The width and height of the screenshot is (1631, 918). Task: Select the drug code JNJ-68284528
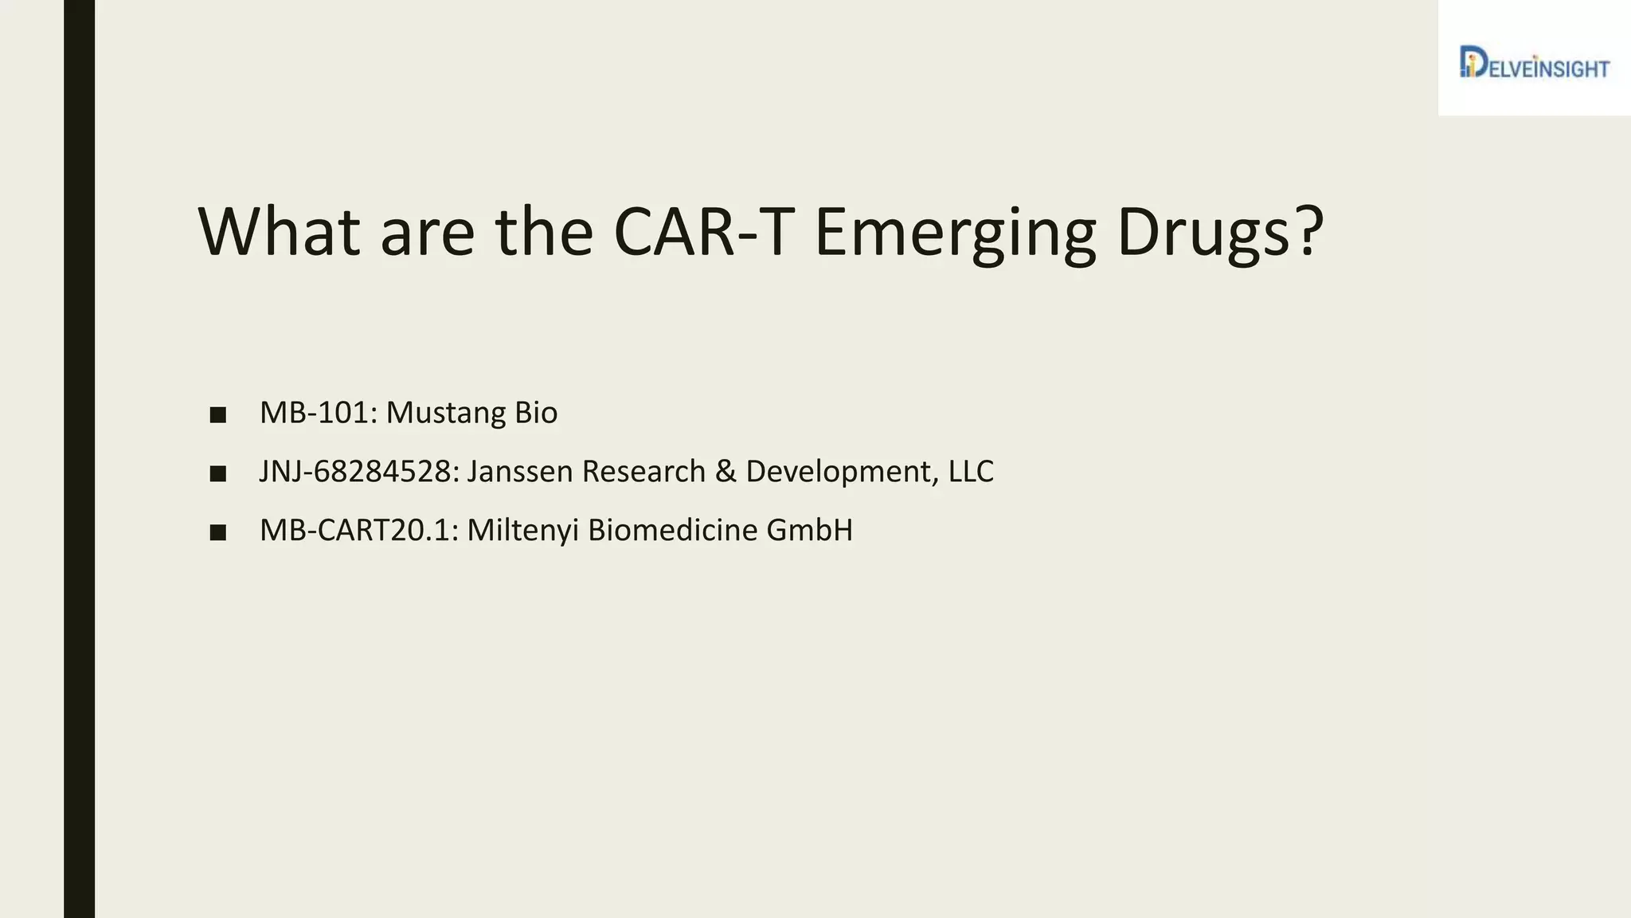[x=359, y=472]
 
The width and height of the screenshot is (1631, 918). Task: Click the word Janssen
[x=520, y=472]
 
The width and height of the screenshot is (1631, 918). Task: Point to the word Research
[x=643, y=472]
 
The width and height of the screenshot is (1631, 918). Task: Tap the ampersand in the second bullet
[x=726, y=472]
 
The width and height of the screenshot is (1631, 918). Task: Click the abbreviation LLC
[x=971, y=472]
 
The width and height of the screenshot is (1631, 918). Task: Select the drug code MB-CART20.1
[x=359, y=530]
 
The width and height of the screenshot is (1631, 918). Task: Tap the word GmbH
[x=809, y=530]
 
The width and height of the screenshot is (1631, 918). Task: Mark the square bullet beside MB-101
[x=218, y=415]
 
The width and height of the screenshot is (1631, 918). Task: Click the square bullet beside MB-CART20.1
[x=218, y=532]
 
